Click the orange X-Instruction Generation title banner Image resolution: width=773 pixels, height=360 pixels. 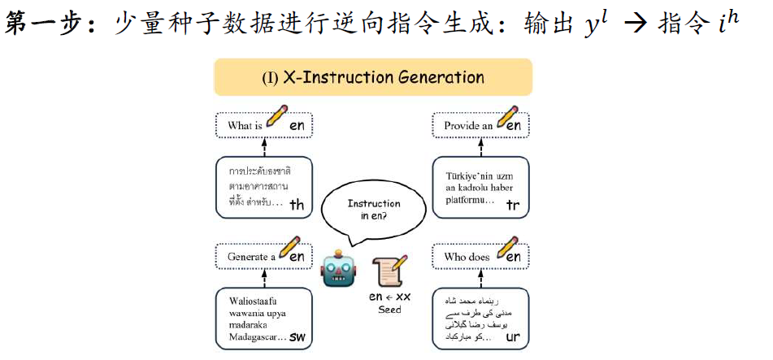[372, 78]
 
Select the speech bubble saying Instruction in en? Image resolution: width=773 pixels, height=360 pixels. [374, 210]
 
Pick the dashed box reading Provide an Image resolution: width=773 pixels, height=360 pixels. [480, 125]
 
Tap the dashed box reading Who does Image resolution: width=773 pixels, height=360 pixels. [480, 257]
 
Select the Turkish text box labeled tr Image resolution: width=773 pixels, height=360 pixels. [480, 189]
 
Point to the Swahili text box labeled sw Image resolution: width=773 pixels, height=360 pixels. [264, 320]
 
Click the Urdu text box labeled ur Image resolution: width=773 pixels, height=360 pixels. [480, 320]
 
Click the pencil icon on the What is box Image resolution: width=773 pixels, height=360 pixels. [277, 116]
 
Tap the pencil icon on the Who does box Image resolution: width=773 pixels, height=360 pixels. [507, 246]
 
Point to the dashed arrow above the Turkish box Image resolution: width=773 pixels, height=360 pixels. [480, 147]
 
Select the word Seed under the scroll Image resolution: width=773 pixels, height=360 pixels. [389, 310]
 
